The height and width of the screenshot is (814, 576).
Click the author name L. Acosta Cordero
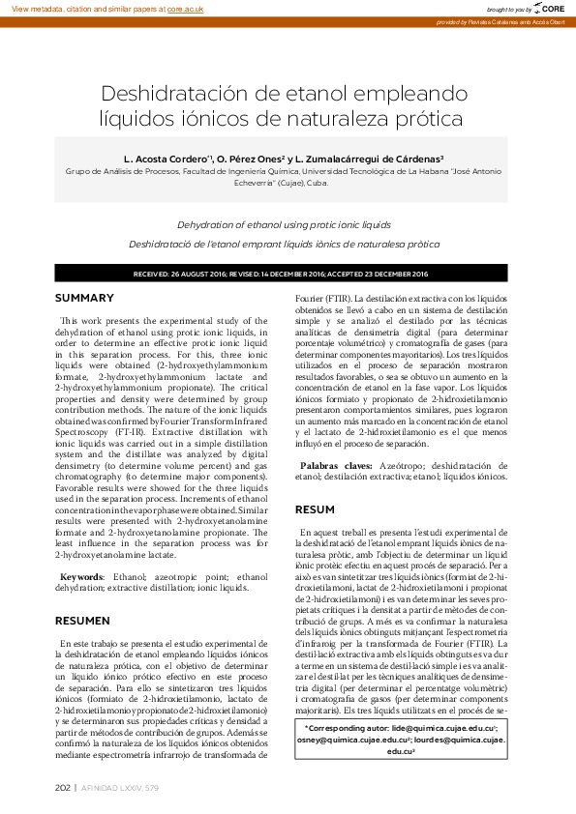tap(166, 158)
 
